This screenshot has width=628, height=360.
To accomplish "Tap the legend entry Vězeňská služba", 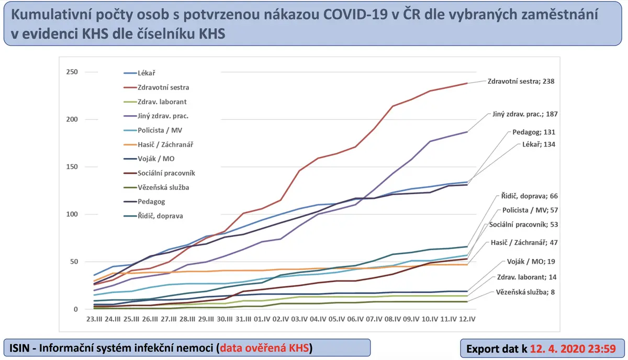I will coord(160,187).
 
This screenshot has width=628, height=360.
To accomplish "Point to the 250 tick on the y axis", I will coord(72,72).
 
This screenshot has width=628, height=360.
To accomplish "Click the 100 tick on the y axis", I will coord(72,215).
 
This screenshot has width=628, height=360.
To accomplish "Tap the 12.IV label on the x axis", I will coord(467,319).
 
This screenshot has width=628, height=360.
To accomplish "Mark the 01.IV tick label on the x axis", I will coord(262,319).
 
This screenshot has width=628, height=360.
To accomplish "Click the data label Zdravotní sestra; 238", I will coord(520,82).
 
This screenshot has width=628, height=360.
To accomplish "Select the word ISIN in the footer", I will coord(22,348).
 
